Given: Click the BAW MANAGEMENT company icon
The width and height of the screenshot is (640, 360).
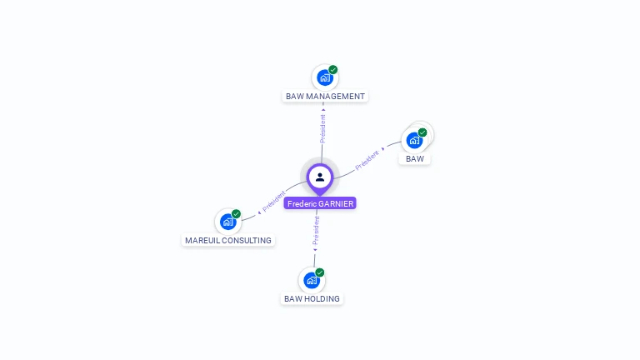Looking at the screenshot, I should (324, 77).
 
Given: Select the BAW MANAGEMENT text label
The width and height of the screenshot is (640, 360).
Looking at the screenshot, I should (325, 97).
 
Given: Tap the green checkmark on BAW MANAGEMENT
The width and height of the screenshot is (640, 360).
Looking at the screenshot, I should (333, 70).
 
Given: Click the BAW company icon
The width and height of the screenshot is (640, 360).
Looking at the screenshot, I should (414, 140).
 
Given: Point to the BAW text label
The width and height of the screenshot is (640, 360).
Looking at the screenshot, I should (415, 158).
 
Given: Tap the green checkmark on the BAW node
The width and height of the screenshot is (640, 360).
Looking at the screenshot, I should (422, 132).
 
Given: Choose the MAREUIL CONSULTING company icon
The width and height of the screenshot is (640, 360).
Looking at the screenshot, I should (227, 222).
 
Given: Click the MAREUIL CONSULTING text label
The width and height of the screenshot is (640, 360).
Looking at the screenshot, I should (228, 241).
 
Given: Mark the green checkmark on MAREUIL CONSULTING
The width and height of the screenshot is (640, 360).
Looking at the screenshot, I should (236, 214).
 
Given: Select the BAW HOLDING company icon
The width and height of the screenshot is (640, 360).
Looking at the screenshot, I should (312, 280).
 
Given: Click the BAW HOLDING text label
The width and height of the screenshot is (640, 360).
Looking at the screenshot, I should (312, 298).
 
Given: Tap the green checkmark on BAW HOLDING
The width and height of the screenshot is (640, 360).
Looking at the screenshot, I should (320, 272).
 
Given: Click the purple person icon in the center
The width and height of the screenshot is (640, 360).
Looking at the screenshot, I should (320, 177).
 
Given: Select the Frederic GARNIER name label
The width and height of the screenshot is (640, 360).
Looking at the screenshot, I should (320, 203).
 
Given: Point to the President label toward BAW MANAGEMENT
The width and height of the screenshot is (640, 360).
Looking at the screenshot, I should (322, 127).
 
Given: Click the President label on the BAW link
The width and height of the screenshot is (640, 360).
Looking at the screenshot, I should (367, 159).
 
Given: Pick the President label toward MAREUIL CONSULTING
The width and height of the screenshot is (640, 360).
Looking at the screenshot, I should (273, 201).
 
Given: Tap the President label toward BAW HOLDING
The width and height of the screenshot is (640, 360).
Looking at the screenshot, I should (316, 231).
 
